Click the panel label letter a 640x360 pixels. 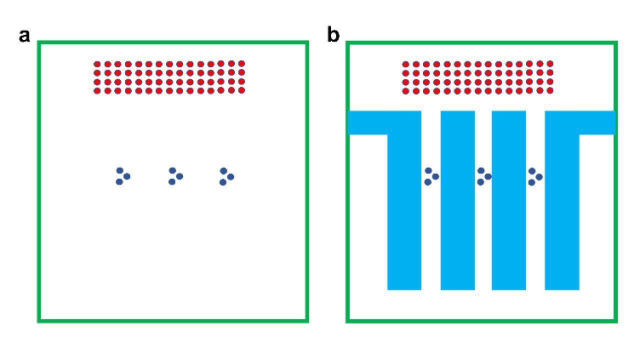[x=24, y=36]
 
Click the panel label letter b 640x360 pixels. [x=333, y=35]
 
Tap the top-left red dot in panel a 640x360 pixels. [x=97, y=64]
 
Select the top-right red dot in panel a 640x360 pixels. [x=241, y=63]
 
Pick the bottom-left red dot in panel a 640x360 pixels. [x=97, y=91]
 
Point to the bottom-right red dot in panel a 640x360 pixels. [x=241, y=90]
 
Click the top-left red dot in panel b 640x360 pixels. [x=405, y=64]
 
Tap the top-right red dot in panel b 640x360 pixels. [x=550, y=63]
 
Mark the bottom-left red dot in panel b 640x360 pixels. [x=405, y=91]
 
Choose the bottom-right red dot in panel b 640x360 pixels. [x=550, y=90]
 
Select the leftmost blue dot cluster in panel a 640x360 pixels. [x=122, y=176]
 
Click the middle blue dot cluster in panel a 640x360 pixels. [x=175, y=176]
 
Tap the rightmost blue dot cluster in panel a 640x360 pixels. [x=226, y=176]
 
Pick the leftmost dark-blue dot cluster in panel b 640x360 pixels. [x=431, y=176]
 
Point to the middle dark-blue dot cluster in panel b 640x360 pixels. [x=483, y=176]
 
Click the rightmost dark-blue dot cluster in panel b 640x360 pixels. [x=534, y=176]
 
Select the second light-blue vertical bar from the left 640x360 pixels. [x=457, y=200]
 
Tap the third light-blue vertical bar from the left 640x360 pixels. [x=509, y=200]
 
